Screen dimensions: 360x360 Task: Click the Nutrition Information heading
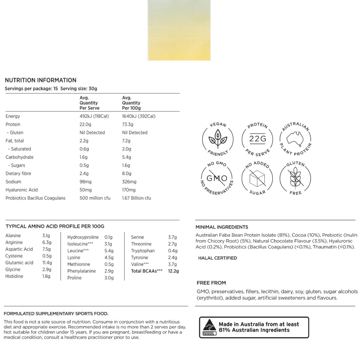point(40,80)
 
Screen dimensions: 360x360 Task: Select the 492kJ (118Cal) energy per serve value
point(94,116)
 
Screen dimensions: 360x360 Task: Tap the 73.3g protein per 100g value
point(127,124)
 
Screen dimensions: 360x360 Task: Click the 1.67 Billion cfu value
point(136,198)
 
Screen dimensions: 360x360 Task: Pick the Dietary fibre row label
point(18,173)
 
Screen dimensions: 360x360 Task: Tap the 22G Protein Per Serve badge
point(257,139)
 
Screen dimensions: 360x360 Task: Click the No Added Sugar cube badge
point(257,178)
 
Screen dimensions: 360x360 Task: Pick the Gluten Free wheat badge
point(295,178)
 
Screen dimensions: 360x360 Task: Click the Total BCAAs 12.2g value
point(173,271)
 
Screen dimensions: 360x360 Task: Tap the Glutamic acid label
point(19,262)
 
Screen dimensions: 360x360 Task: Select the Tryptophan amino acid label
point(143,250)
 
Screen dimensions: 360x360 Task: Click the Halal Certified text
point(217,258)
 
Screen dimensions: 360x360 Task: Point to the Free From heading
point(211,283)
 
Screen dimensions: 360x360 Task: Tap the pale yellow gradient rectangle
point(179,30)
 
